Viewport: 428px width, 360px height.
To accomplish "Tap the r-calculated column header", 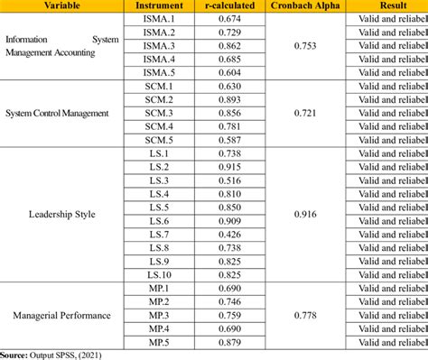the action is click(231, 5).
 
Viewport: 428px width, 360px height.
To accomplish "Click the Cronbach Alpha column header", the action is click(304, 5).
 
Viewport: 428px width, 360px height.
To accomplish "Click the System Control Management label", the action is click(57, 113).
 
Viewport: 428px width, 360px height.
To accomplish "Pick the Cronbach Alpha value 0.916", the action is click(304, 214).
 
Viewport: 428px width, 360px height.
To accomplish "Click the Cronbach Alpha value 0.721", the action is click(304, 113).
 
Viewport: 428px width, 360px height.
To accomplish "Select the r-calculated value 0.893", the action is click(231, 99).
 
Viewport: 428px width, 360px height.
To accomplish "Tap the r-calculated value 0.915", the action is click(231, 168).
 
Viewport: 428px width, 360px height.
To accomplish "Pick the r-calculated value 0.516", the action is click(231, 180).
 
